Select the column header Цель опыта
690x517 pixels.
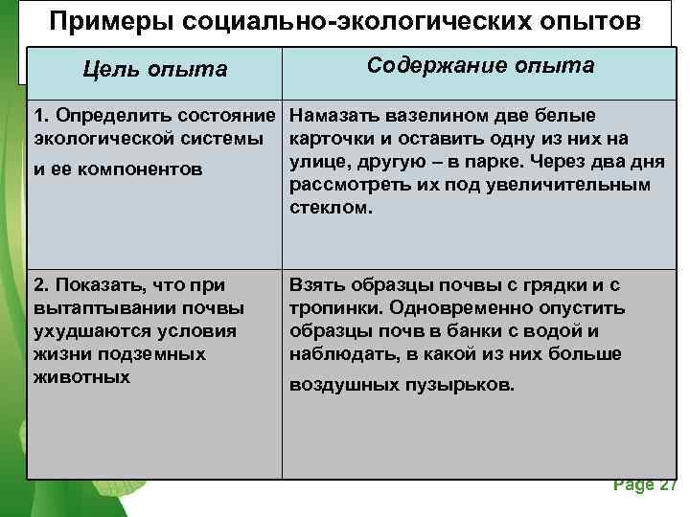[155, 69]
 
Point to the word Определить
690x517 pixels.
[105, 116]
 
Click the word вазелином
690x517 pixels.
[413, 116]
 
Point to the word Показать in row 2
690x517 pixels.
[96, 285]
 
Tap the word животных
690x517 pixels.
[81, 377]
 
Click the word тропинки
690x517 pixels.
[332, 308]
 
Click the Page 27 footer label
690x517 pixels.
[645, 484]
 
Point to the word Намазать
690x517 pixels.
[332, 116]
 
